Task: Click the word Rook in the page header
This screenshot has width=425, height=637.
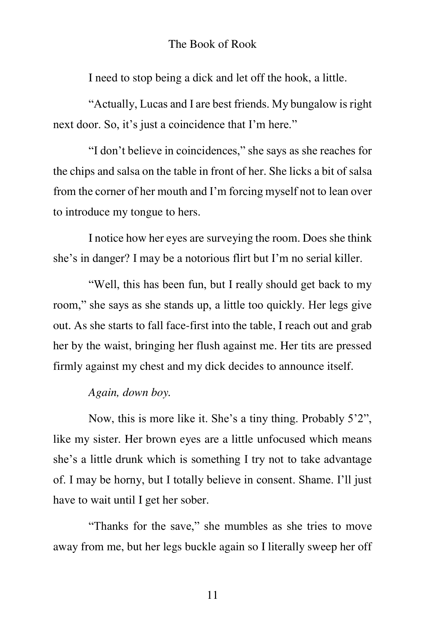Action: pyautogui.click(x=244, y=44)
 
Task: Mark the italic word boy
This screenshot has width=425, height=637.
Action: pyautogui.click(x=161, y=392)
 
